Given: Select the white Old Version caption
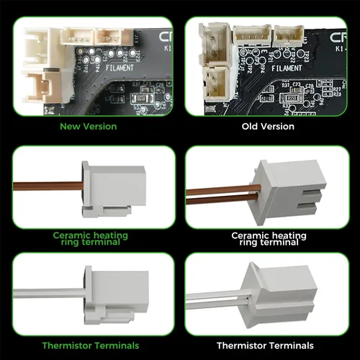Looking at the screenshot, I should coord(267,127).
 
